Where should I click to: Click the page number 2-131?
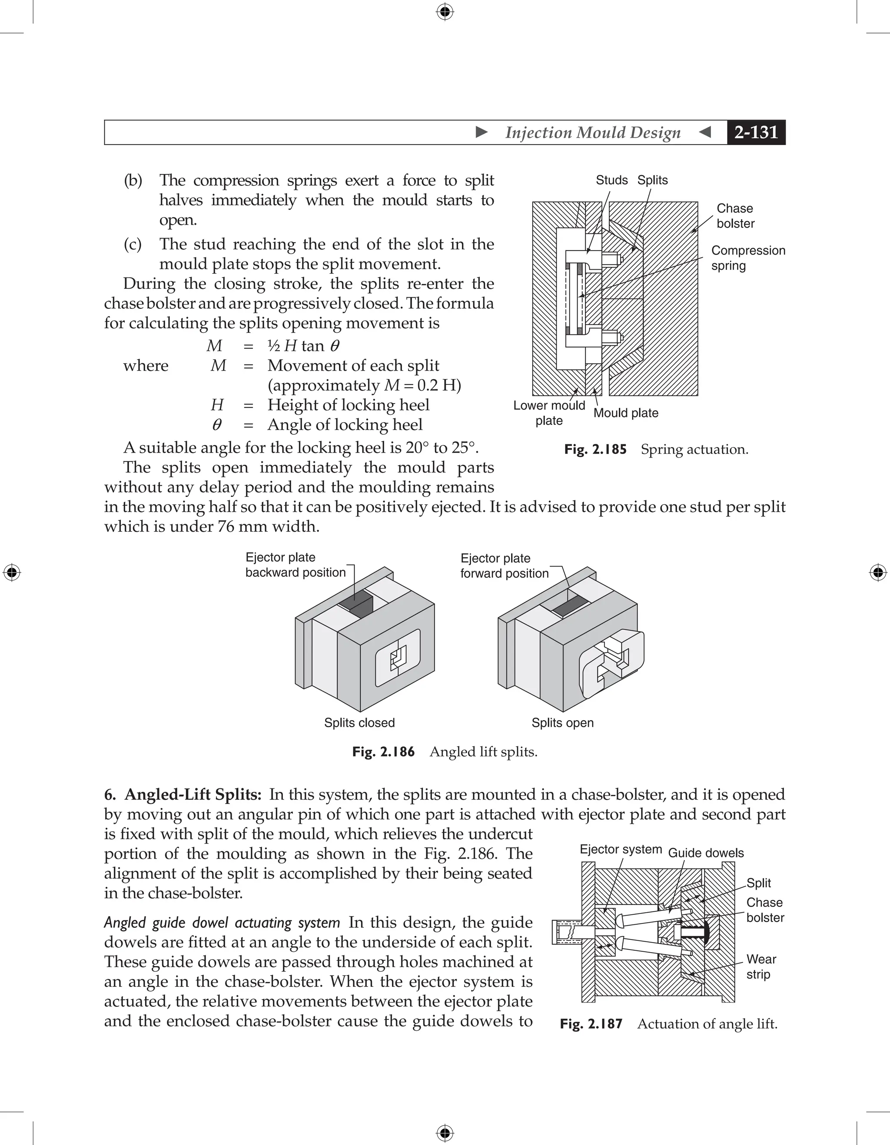click(756, 132)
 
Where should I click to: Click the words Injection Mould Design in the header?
click(593, 132)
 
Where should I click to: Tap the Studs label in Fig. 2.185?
click(611, 180)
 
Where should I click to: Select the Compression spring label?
click(747, 258)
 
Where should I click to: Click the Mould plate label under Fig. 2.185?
click(626, 413)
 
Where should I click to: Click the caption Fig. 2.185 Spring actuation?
click(656, 449)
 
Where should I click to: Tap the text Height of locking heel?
click(348, 405)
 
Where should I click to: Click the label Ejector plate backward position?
click(295, 565)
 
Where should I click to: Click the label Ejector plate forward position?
click(504, 566)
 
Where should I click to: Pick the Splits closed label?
click(359, 722)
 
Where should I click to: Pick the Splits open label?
click(562, 722)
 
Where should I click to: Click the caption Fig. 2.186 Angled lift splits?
click(445, 752)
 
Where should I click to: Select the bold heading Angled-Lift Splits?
click(193, 795)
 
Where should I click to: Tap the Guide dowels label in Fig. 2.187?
click(705, 853)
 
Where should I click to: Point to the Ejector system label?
click(621, 849)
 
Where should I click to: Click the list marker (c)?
click(133, 244)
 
